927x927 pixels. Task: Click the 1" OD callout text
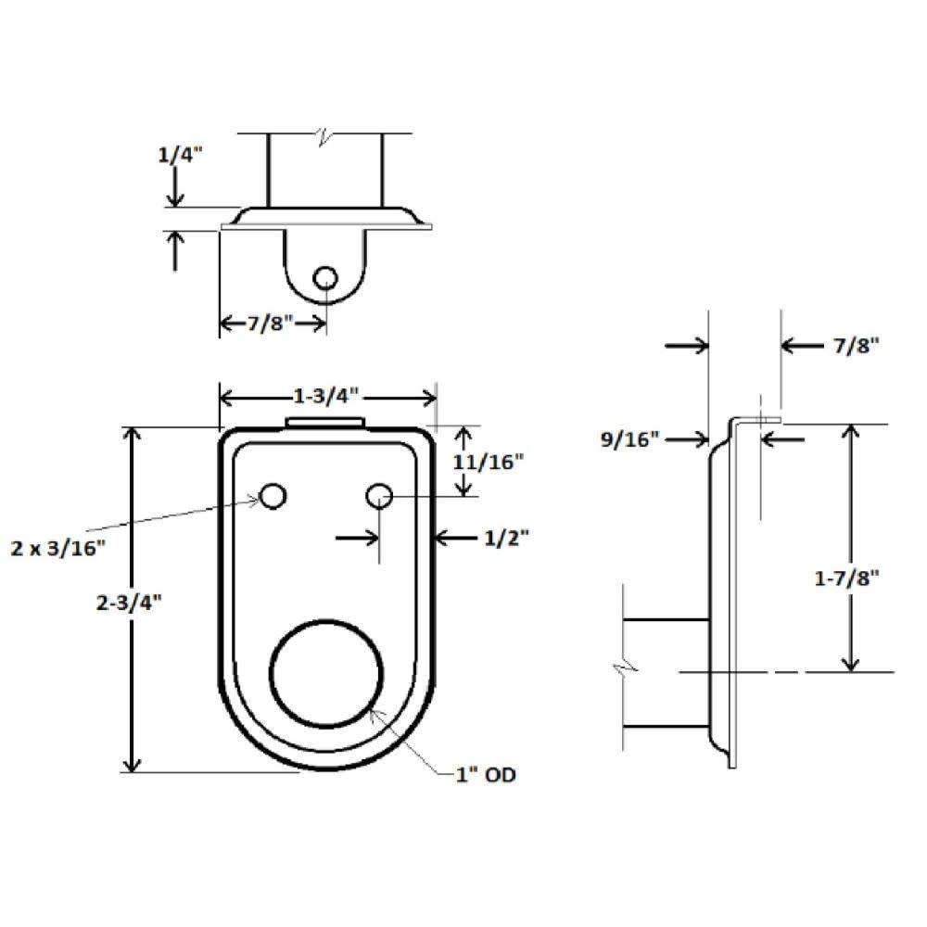[x=485, y=774]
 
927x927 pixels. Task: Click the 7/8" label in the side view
[x=850, y=346]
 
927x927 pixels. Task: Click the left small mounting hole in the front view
[x=273, y=497]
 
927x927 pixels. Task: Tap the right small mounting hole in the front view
[x=378, y=497]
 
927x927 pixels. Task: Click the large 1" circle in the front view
[x=326, y=674]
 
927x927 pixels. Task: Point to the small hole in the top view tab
[x=325, y=277]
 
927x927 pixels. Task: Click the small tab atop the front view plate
[x=325, y=422]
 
